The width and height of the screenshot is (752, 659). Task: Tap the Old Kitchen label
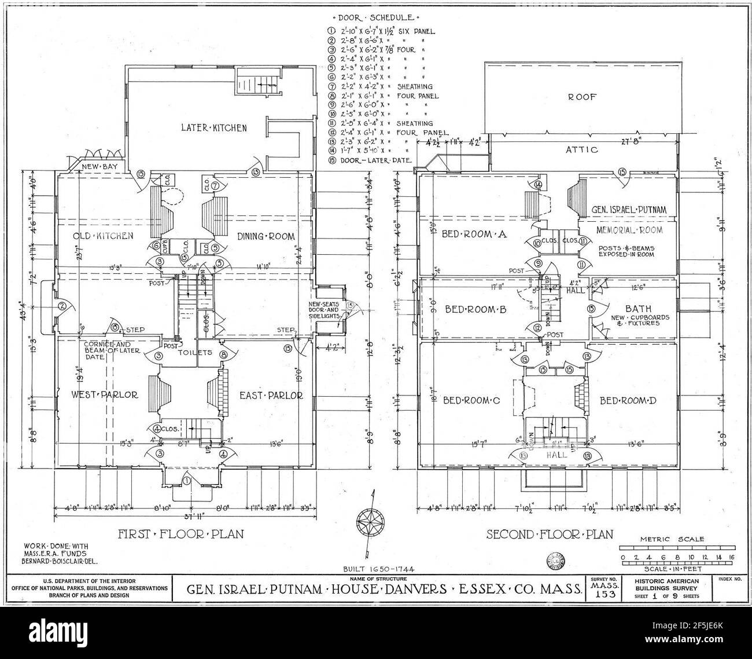[x=104, y=236]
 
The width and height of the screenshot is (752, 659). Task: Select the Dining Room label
[x=266, y=236]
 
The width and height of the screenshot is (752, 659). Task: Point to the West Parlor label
[x=105, y=395]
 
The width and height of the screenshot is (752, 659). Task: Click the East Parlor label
[x=271, y=396]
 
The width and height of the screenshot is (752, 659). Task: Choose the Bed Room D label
[x=627, y=400]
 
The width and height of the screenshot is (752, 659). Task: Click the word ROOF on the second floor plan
[x=582, y=97]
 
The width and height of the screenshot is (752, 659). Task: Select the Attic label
[x=582, y=150]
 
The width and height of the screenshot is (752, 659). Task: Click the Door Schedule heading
[x=379, y=19]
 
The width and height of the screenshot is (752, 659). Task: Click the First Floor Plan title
[x=180, y=533]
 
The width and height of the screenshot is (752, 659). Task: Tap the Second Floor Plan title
[x=549, y=534]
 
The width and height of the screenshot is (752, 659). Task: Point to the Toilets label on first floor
[x=198, y=352]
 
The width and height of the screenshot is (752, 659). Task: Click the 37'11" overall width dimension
[x=185, y=517]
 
